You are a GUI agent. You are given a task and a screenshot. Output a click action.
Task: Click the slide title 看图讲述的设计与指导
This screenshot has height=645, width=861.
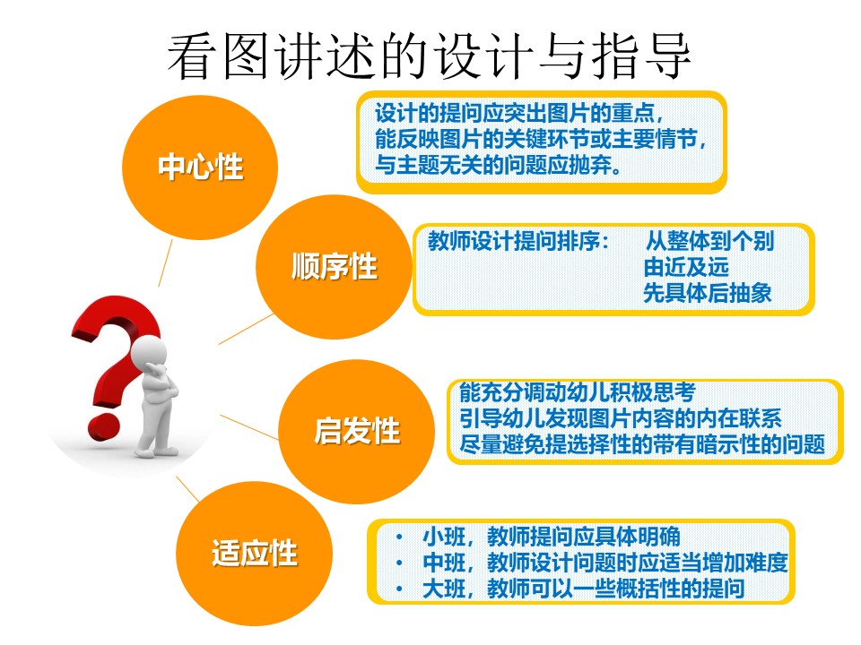click(x=429, y=56)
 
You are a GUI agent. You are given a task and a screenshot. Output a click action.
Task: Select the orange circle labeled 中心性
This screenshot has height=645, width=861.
click(x=200, y=168)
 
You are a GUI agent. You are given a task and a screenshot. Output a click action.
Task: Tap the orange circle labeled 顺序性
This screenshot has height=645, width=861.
click(x=334, y=267)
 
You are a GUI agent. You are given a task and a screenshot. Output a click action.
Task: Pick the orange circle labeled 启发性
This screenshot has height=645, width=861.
click(x=356, y=431)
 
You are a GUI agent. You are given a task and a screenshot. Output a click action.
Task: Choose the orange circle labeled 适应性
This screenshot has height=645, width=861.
click(x=254, y=554)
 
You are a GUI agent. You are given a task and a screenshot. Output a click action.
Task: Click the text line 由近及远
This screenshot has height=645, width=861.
click(x=686, y=267)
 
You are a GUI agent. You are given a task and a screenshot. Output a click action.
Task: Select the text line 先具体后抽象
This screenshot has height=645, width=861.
click(x=708, y=293)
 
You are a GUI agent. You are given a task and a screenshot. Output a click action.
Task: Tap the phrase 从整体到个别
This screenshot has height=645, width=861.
click(x=709, y=241)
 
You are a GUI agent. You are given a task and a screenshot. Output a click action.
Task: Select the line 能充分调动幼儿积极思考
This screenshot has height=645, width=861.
click(x=578, y=391)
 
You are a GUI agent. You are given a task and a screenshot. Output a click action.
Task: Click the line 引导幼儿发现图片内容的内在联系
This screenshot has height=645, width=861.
click(x=621, y=418)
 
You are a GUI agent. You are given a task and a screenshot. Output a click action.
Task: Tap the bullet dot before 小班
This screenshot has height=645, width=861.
click(x=399, y=537)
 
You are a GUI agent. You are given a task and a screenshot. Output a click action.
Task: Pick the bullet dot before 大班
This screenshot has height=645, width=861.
click(x=399, y=589)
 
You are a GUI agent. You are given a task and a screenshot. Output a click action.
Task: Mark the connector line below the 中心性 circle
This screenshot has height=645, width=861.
click(x=165, y=262)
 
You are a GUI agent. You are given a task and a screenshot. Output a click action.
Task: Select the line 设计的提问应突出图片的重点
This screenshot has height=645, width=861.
click(x=519, y=113)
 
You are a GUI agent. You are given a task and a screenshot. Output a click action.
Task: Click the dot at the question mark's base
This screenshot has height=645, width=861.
click(x=103, y=426)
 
